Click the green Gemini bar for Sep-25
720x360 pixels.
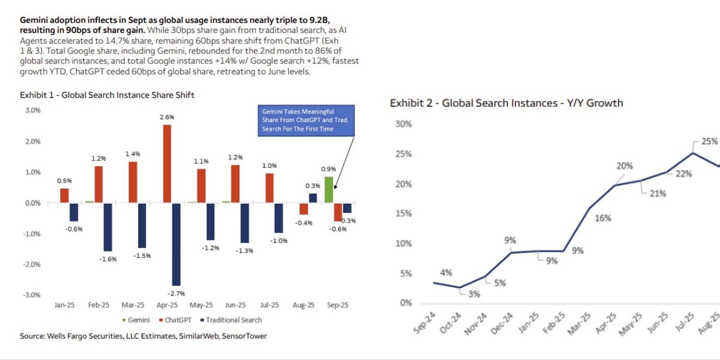(x=329, y=190)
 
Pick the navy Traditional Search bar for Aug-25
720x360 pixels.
(x=313, y=198)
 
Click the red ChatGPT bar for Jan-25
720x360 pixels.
(x=64, y=196)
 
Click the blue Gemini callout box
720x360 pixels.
(x=305, y=120)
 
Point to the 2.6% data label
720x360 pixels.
(x=167, y=118)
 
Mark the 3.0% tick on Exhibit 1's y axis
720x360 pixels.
(x=32, y=110)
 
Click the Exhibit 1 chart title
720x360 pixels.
(x=107, y=95)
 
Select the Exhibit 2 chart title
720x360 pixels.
(x=506, y=103)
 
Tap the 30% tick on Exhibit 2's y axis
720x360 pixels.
(x=403, y=124)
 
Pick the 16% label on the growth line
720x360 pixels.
(x=603, y=218)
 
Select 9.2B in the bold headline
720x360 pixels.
(x=296, y=20)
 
